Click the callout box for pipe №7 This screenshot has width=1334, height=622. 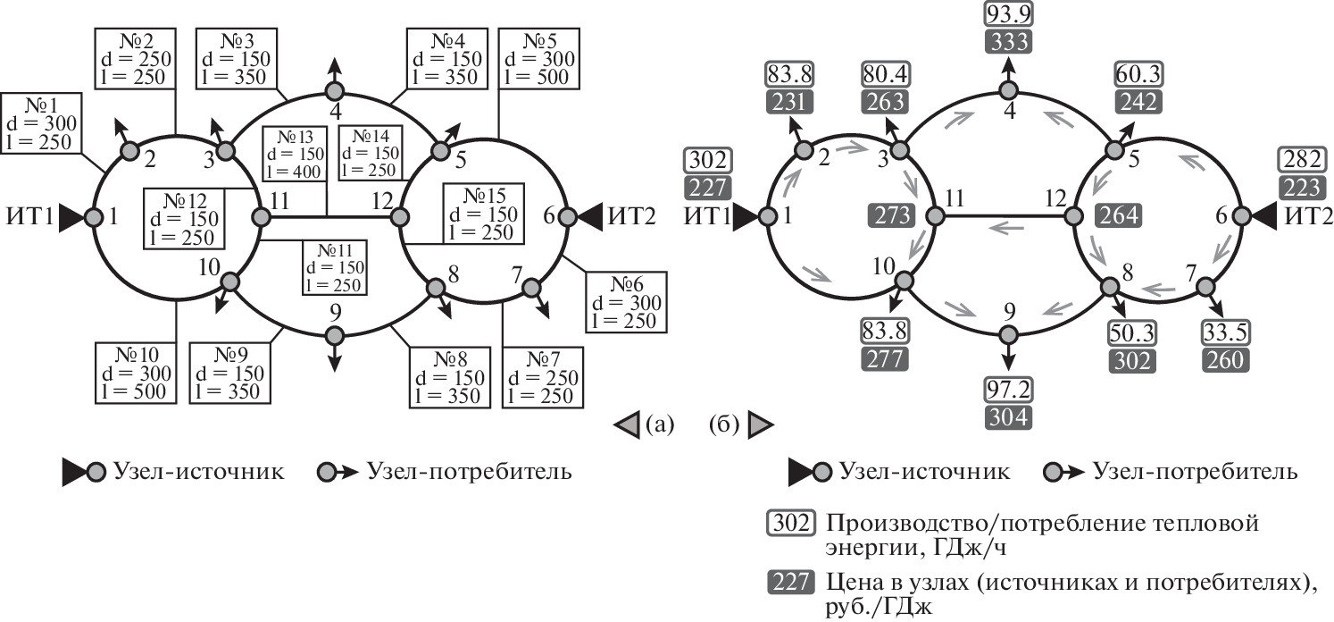540,376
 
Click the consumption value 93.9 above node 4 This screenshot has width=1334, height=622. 1009,14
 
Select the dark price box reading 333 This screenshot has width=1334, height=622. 1009,41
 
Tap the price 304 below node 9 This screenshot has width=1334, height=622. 1009,416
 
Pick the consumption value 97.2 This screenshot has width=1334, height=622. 1009,390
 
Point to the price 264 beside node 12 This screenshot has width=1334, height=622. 1120,215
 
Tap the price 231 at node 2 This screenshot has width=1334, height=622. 789,102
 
